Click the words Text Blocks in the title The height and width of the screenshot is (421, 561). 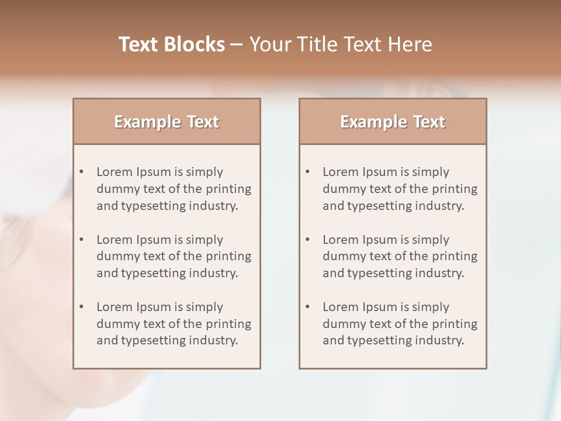172,44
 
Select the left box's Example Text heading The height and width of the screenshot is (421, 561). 167,122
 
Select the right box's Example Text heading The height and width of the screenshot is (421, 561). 393,122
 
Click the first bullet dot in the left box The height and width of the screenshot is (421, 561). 82,172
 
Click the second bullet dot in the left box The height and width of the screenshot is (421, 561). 82,240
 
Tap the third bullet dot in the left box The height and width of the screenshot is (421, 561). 82,307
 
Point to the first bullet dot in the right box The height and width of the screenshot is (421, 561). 308,172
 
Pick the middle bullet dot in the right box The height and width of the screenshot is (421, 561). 308,240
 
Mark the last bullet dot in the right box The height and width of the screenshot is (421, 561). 308,307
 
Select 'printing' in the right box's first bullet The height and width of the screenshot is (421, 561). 455,189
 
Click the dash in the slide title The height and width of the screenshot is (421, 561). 237,44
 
